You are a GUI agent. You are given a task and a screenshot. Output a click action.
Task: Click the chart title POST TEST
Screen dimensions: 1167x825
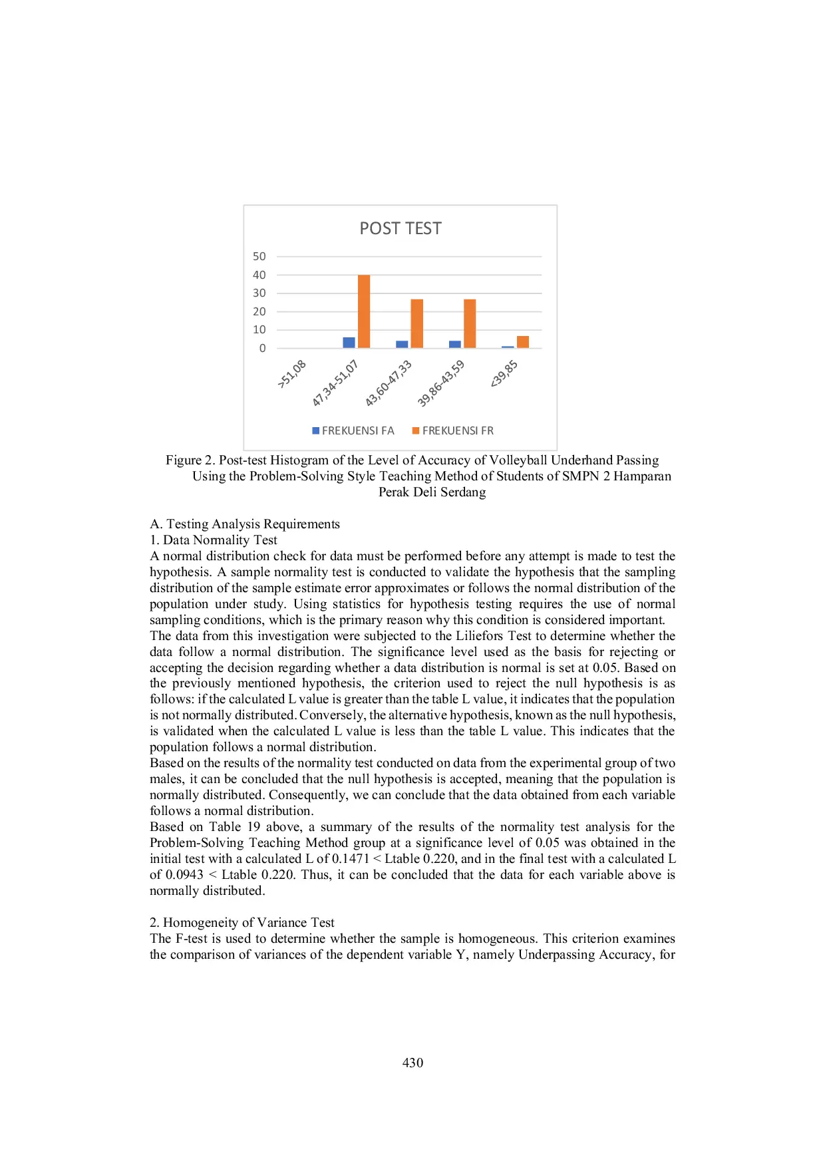tap(400, 228)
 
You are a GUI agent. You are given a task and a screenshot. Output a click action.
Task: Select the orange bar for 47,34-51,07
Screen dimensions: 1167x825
tap(364, 311)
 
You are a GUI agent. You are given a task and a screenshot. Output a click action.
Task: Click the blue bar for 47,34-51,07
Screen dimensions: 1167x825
tap(349, 342)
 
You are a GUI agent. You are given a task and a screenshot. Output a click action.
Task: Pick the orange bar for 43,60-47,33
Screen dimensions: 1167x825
tap(416, 323)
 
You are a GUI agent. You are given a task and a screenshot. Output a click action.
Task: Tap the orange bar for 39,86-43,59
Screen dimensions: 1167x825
tap(470, 323)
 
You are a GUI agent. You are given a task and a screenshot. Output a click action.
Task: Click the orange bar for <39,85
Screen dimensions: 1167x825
tap(523, 341)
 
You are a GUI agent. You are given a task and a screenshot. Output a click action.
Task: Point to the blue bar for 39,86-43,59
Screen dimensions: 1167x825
tap(455, 344)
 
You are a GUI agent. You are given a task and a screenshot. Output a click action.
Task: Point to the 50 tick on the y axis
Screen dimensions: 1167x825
tap(259, 256)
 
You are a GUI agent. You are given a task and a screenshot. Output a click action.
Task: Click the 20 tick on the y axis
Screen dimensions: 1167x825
tap(259, 311)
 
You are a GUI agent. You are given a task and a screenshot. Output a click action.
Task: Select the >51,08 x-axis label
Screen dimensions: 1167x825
tap(292, 374)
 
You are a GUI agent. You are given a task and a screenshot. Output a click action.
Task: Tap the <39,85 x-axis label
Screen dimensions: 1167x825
tap(504, 374)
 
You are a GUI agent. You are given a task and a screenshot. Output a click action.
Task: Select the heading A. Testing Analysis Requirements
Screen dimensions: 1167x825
tap(245, 524)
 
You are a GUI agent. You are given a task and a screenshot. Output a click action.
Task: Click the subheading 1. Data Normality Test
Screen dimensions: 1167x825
tap(213, 540)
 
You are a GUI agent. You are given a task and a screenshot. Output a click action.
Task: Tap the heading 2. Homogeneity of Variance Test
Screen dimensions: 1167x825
tap(242, 922)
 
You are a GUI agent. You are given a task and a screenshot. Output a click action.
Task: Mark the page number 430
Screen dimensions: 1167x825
tap(412, 1063)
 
